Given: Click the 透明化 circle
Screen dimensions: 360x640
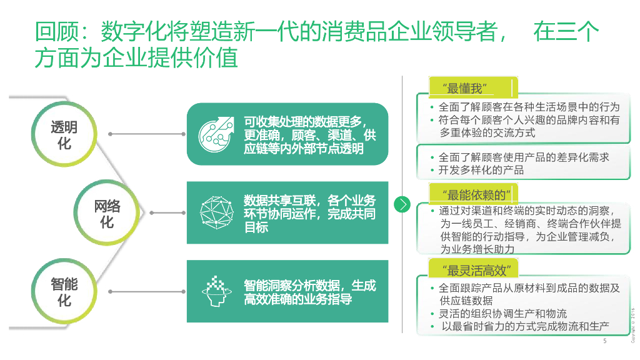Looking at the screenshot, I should (64, 135).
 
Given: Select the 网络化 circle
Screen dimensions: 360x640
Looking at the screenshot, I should (107, 213).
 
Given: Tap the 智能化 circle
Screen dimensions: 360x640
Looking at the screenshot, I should (64, 292).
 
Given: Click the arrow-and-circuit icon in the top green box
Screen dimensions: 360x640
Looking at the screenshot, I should (214, 133).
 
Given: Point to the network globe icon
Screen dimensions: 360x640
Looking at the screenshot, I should (214, 212).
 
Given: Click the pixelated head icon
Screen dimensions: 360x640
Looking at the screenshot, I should (215, 291).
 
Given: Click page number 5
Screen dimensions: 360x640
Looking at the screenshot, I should (604, 341).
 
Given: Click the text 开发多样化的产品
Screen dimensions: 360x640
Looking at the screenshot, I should (481, 170).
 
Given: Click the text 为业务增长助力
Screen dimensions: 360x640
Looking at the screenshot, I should (477, 249).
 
